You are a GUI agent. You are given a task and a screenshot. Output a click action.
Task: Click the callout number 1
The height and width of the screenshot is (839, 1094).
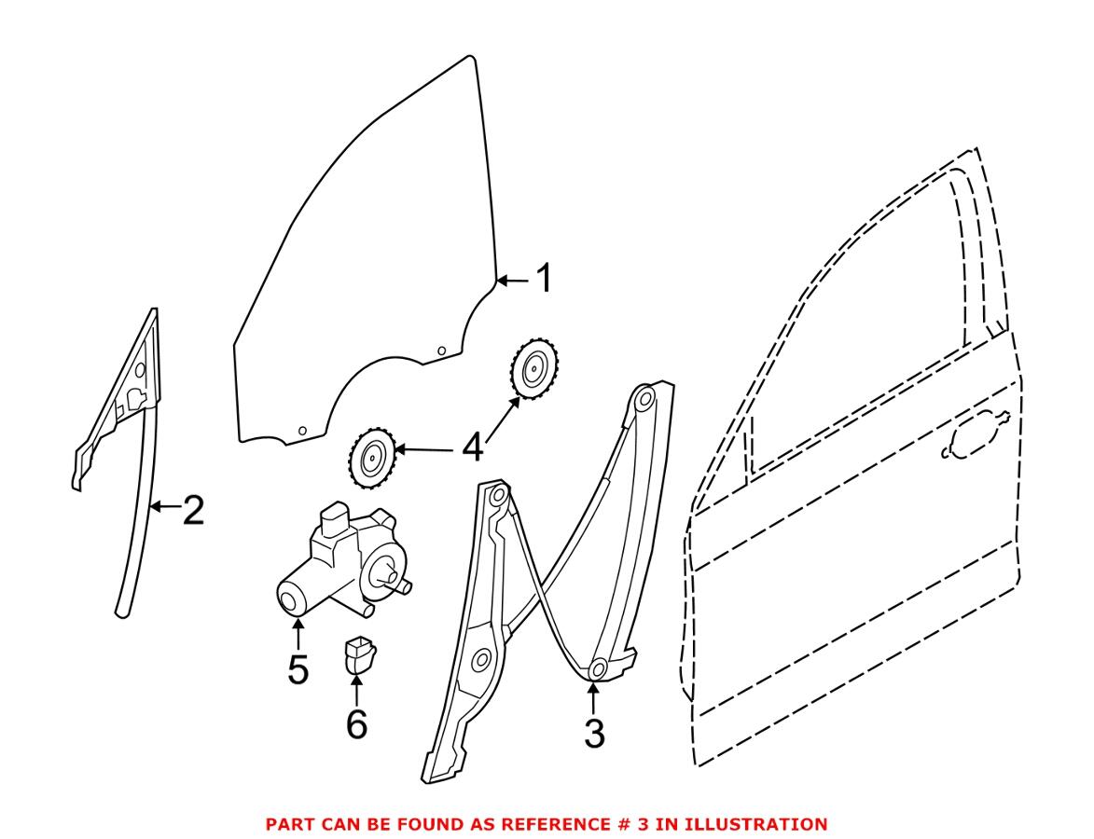click(541, 279)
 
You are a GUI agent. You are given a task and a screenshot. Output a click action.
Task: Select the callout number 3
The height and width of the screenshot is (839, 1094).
click(594, 733)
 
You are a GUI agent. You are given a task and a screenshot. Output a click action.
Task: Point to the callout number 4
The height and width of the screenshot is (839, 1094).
click(473, 448)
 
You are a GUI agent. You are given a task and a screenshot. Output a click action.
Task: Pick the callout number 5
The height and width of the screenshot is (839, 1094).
click(298, 669)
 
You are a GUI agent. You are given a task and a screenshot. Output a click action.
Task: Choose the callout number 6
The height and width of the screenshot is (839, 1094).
click(356, 722)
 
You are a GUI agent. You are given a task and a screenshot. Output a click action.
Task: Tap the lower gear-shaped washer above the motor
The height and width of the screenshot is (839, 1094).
click(372, 458)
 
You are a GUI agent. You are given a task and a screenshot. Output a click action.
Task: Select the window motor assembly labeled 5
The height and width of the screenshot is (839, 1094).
click(340, 564)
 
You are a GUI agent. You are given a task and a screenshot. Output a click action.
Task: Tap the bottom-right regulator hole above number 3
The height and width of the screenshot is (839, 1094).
click(599, 667)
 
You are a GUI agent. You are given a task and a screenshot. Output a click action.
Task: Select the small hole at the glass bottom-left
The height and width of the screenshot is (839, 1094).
click(302, 430)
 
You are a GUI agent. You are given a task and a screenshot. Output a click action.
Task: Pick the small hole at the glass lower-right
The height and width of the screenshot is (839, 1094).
click(442, 351)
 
